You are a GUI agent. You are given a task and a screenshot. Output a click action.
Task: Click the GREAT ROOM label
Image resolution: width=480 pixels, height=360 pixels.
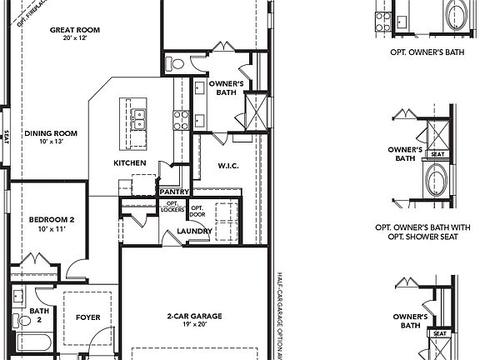[75, 30]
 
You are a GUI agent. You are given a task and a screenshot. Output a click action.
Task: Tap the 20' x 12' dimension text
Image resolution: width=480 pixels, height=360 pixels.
[75, 40]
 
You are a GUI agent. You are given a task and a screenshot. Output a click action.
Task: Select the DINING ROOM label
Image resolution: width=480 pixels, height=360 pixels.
[50, 132]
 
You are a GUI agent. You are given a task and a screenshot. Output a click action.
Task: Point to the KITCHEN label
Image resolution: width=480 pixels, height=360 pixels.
[130, 162]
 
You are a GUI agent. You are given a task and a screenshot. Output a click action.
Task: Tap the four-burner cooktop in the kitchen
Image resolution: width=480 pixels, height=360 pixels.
[181, 120]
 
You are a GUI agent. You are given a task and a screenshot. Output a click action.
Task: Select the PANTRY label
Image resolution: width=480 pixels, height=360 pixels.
[174, 192]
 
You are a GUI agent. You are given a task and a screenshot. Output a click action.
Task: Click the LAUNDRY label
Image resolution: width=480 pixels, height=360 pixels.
[195, 231]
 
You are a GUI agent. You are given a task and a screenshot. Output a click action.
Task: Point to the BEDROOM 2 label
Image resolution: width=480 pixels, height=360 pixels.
[52, 219]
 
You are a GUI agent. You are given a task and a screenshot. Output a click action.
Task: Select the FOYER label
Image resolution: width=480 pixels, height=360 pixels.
[88, 317]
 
